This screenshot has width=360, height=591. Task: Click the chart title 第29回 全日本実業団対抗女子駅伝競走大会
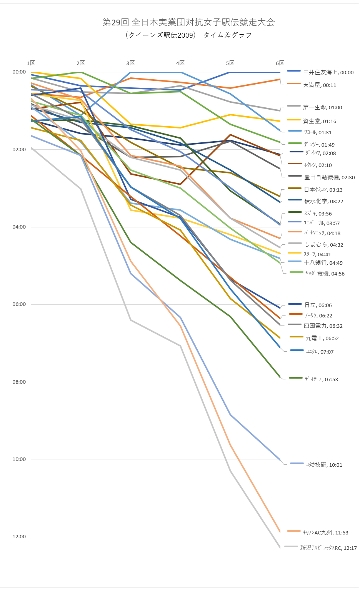click(188, 22)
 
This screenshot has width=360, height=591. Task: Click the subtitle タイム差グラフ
click(227, 35)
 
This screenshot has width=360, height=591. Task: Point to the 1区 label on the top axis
click(31, 63)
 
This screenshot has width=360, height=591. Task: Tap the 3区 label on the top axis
click(130, 63)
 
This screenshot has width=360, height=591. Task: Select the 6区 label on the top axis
click(280, 63)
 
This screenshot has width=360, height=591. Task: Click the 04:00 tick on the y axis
click(19, 227)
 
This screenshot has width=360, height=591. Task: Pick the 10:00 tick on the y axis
click(19, 459)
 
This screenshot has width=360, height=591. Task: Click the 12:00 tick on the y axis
click(19, 537)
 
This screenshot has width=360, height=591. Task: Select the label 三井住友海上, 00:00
click(328, 72)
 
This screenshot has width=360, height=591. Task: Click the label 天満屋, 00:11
click(320, 85)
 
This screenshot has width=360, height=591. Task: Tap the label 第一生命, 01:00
click(322, 107)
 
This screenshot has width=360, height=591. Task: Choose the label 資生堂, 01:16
click(320, 121)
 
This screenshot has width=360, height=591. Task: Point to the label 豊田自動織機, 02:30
click(329, 177)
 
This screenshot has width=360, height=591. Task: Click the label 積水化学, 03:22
click(323, 201)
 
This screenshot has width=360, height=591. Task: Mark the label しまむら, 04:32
click(323, 245)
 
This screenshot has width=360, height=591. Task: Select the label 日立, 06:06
click(318, 305)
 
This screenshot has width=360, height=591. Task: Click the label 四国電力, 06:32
click(323, 326)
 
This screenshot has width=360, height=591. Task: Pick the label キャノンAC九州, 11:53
click(325, 533)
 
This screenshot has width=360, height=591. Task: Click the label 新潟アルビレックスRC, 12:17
click(328, 548)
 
